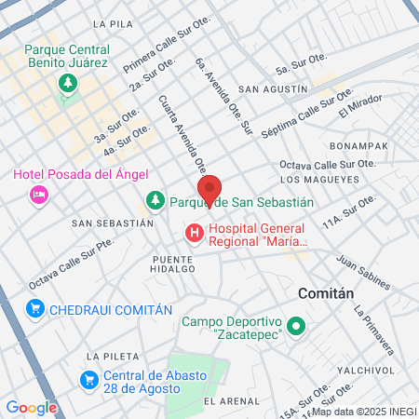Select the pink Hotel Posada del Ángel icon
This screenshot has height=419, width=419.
click(x=38, y=195)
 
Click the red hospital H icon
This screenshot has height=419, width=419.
click(x=195, y=233)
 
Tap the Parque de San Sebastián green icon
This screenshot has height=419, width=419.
click(x=155, y=201)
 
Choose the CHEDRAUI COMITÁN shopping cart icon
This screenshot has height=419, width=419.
click(x=36, y=309)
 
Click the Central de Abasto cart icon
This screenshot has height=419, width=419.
click(x=89, y=380)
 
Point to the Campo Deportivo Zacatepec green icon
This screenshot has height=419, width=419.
click(x=296, y=327)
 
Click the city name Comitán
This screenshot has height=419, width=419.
click(x=326, y=292)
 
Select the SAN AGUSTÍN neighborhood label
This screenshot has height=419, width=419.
click(x=273, y=89)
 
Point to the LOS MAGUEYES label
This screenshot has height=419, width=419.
click(x=318, y=179)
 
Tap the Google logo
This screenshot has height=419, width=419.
click(x=31, y=407)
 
